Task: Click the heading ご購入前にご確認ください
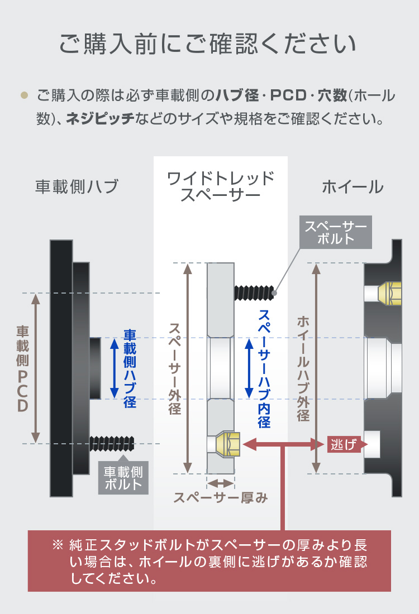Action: click(208, 44)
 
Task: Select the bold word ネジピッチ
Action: click(100, 118)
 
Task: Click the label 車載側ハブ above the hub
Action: click(77, 186)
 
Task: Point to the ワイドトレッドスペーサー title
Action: click(221, 186)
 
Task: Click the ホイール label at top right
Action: click(353, 187)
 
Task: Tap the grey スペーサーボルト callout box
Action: click(336, 232)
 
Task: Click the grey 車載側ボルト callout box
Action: click(123, 478)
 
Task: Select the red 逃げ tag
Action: click(344, 444)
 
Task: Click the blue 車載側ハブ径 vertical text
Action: click(130, 368)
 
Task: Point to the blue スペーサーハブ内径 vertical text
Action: click(264, 368)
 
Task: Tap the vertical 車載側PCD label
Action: click(23, 368)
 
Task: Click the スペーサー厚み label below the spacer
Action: click(221, 498)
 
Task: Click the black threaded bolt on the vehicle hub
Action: click(112, 444)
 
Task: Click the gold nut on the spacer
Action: click(228, 444)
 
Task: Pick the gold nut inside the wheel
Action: click(390, 293)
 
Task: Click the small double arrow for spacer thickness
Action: click(221, 483)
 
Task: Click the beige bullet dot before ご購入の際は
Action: click(25, 95)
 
